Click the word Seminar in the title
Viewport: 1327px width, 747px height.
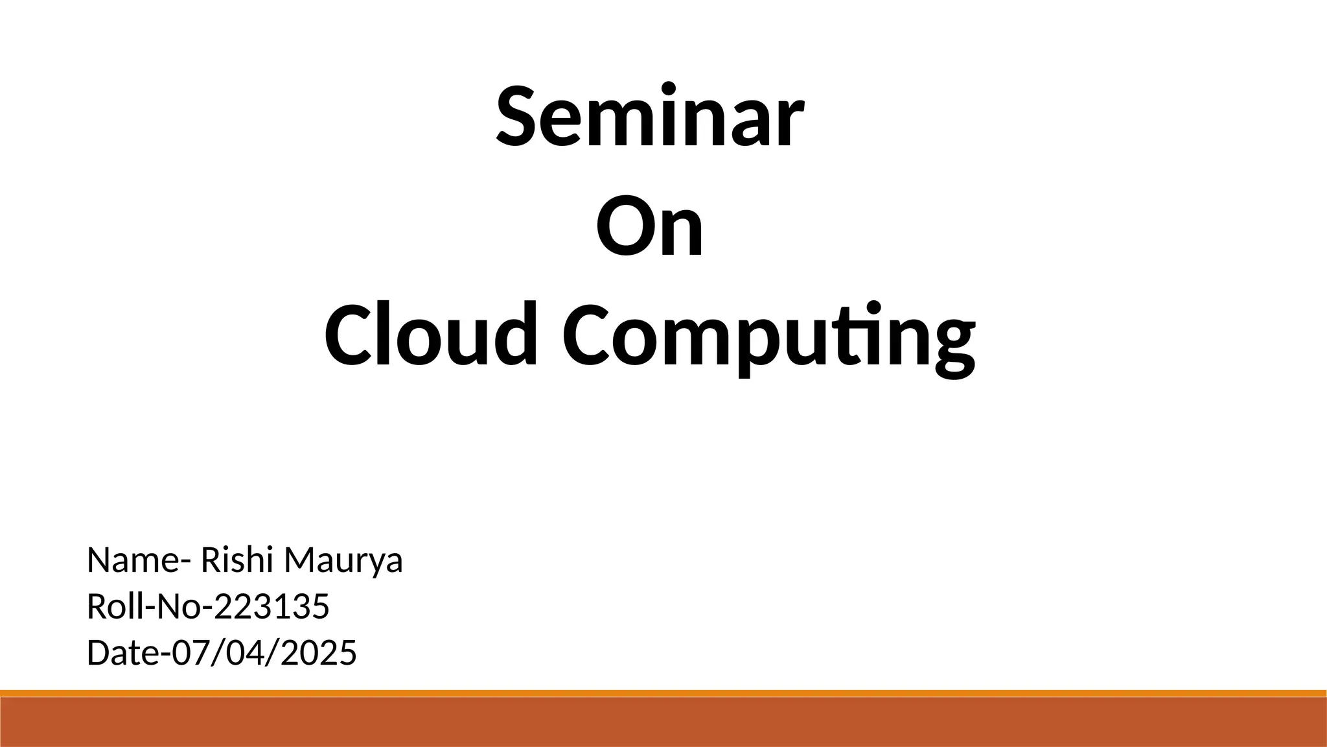[x=650, y=117]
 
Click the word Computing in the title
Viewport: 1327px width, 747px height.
[x=768, y=337]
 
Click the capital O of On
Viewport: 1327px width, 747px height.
[x=623, y=226]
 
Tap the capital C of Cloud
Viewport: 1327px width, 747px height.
[x=350, y=335]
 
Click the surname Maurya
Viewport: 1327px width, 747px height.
[x=343, y=562]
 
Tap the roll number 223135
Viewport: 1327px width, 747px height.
[x=271, y=607]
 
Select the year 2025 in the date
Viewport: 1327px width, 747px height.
[x=319, y=653]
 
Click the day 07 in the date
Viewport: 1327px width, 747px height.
[x=189, y=653]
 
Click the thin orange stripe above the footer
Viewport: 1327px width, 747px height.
[x=663, y=693]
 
